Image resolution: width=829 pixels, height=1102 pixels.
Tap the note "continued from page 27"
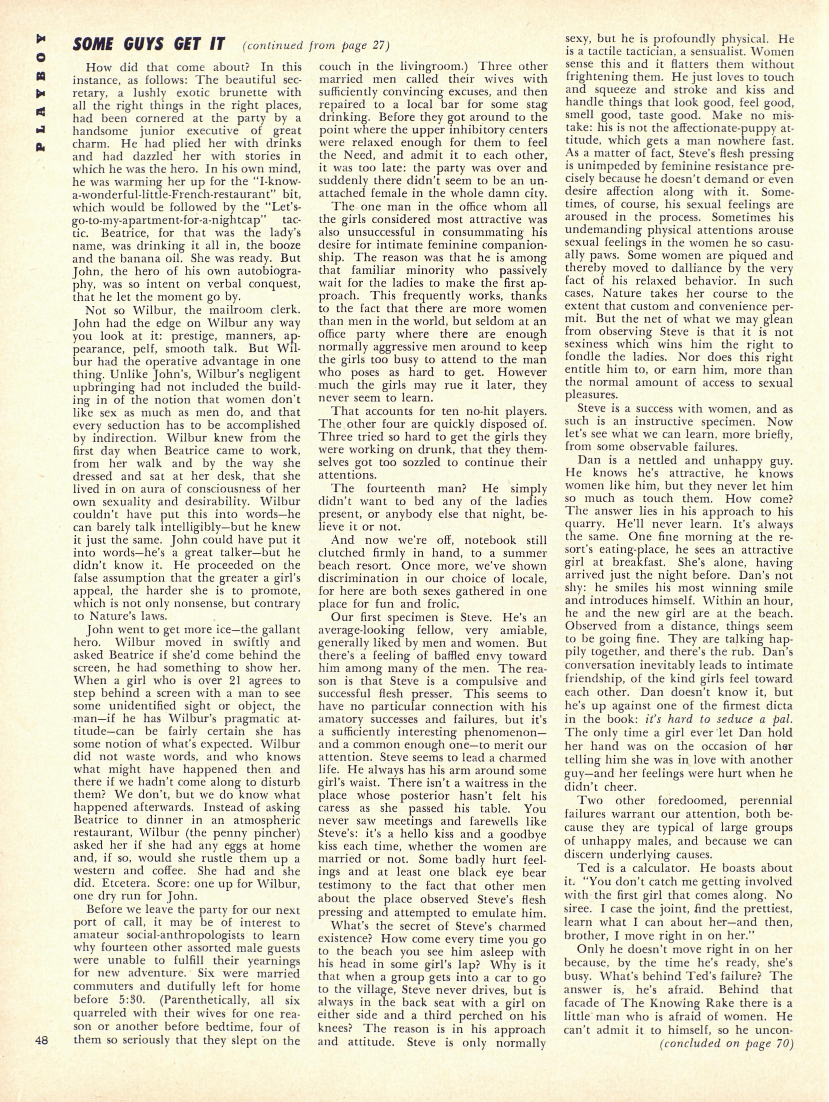(316, 46)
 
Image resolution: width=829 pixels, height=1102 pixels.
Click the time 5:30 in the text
(139, 987)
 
